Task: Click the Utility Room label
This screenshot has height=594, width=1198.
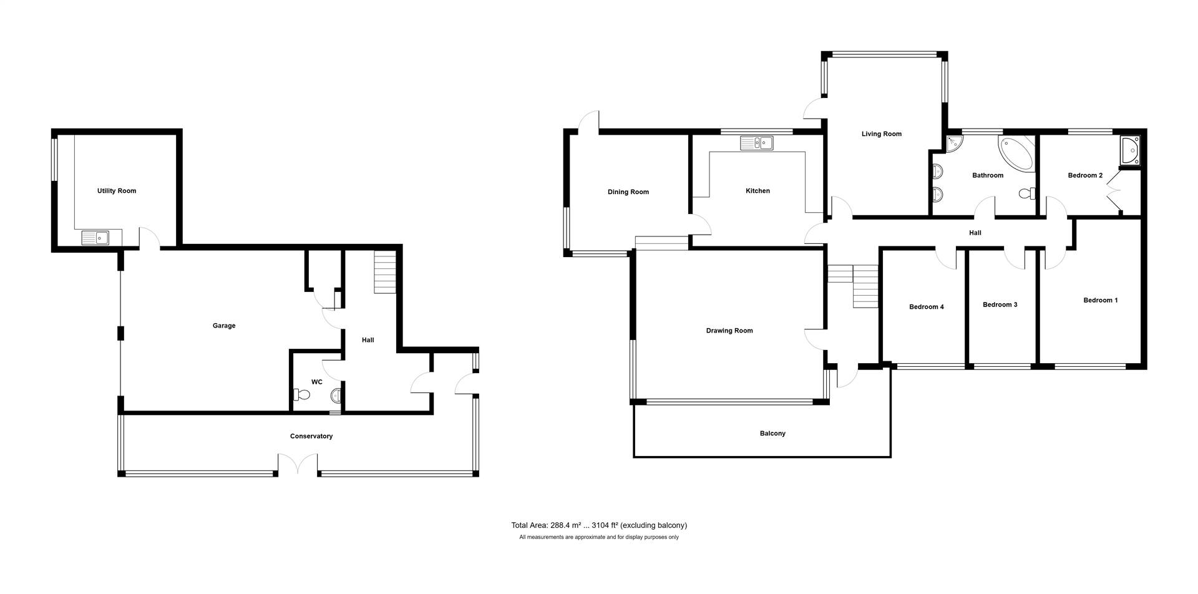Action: (x=117, y=191)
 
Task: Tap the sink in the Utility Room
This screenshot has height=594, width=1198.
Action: (x=95, y=238)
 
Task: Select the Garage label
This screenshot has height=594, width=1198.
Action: (x=224, y=326)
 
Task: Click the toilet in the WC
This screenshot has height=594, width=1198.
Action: (x=301, y=394)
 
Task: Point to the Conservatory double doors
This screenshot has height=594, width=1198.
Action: (x=298, y=464)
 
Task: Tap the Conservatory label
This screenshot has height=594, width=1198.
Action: (x=311, y=436)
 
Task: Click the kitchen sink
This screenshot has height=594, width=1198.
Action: (x=756, y=144)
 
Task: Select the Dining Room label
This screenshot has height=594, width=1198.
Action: (x=628, y=192)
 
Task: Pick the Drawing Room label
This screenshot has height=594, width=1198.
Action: (x=729, y=331)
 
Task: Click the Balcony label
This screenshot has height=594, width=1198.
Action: (x=772, y=434)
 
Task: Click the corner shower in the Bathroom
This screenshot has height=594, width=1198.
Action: (x=955, y=144)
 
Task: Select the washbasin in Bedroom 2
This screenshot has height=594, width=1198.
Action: (x=1130, y=150)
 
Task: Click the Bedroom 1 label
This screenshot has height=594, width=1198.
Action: (x=1100, y=301)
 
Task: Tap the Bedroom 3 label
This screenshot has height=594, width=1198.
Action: (x=1000, y=305)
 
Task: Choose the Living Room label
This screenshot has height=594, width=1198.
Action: (x=882, y=134)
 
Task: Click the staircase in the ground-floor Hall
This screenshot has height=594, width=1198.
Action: (x=385, y=272)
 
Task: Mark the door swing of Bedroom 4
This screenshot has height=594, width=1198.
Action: (x=946, y=258)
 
